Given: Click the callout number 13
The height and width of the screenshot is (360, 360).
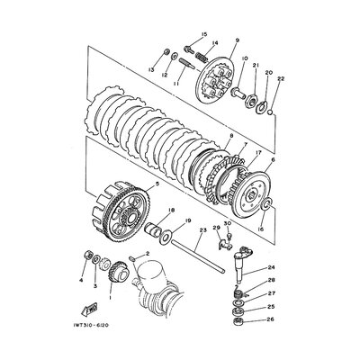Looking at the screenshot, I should pyautogui.click(x=152, y=68).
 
